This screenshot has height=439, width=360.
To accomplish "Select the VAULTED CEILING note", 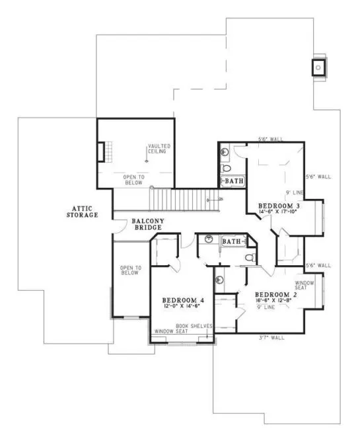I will pyautogui.click(x=157, y=149).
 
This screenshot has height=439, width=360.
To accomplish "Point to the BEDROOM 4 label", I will pyautogui.click(x=183, y=301).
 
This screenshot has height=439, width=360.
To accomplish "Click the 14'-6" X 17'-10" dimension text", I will pyautogui.click(x=280, y=213).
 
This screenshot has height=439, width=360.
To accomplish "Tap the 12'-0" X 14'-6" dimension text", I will pyautogui.click(x=183, y=307).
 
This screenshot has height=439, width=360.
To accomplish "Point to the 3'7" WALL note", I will pyautogui.click(x=272, y=338).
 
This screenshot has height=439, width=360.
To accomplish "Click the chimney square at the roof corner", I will pyautogui.click(x=318, y=66).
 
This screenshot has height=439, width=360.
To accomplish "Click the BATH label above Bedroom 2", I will pyautogui.click(x=231, y=242).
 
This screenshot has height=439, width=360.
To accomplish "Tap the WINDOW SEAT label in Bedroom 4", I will pyautogui.click(x=170, y=331).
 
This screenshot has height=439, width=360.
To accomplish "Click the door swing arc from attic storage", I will pyautogui.click(x=118, y=225).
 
